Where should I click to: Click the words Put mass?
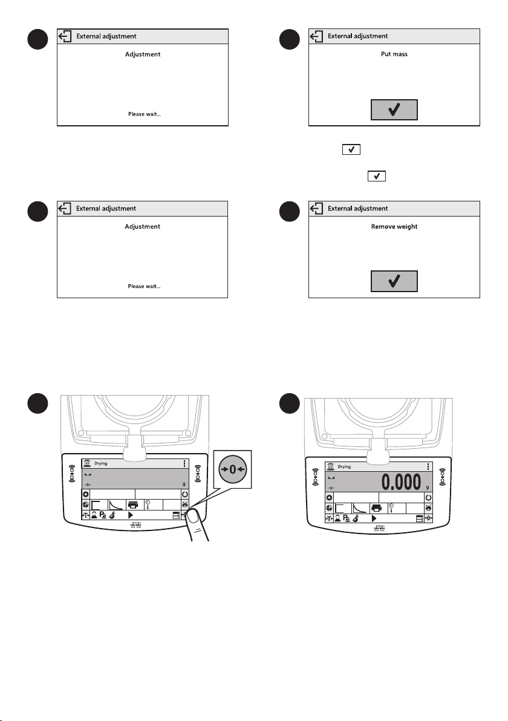click(394, 54)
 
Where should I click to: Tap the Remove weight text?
click(394, 227)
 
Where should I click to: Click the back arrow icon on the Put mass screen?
click(317, 36)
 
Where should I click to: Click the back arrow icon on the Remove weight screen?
click(317, 209)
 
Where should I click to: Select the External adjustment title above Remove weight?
click(357, 209)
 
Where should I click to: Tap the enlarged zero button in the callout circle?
click(233, 469)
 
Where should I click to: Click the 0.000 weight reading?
click(401, 482)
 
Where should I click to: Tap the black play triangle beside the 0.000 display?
click(374, 519)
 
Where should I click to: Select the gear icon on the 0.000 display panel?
click(329, 498)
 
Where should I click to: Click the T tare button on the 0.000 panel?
click(329, 519)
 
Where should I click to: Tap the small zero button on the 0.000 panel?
click(428, 518)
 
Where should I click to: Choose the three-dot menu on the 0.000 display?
click(428, 467)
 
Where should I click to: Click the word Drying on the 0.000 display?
click(344, 467)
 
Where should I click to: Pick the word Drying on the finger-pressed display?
click(100, 463)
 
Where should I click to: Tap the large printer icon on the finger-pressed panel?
click(133, 505)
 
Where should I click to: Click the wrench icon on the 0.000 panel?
click(356, 519)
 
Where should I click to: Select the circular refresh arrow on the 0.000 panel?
click(428, 498)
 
